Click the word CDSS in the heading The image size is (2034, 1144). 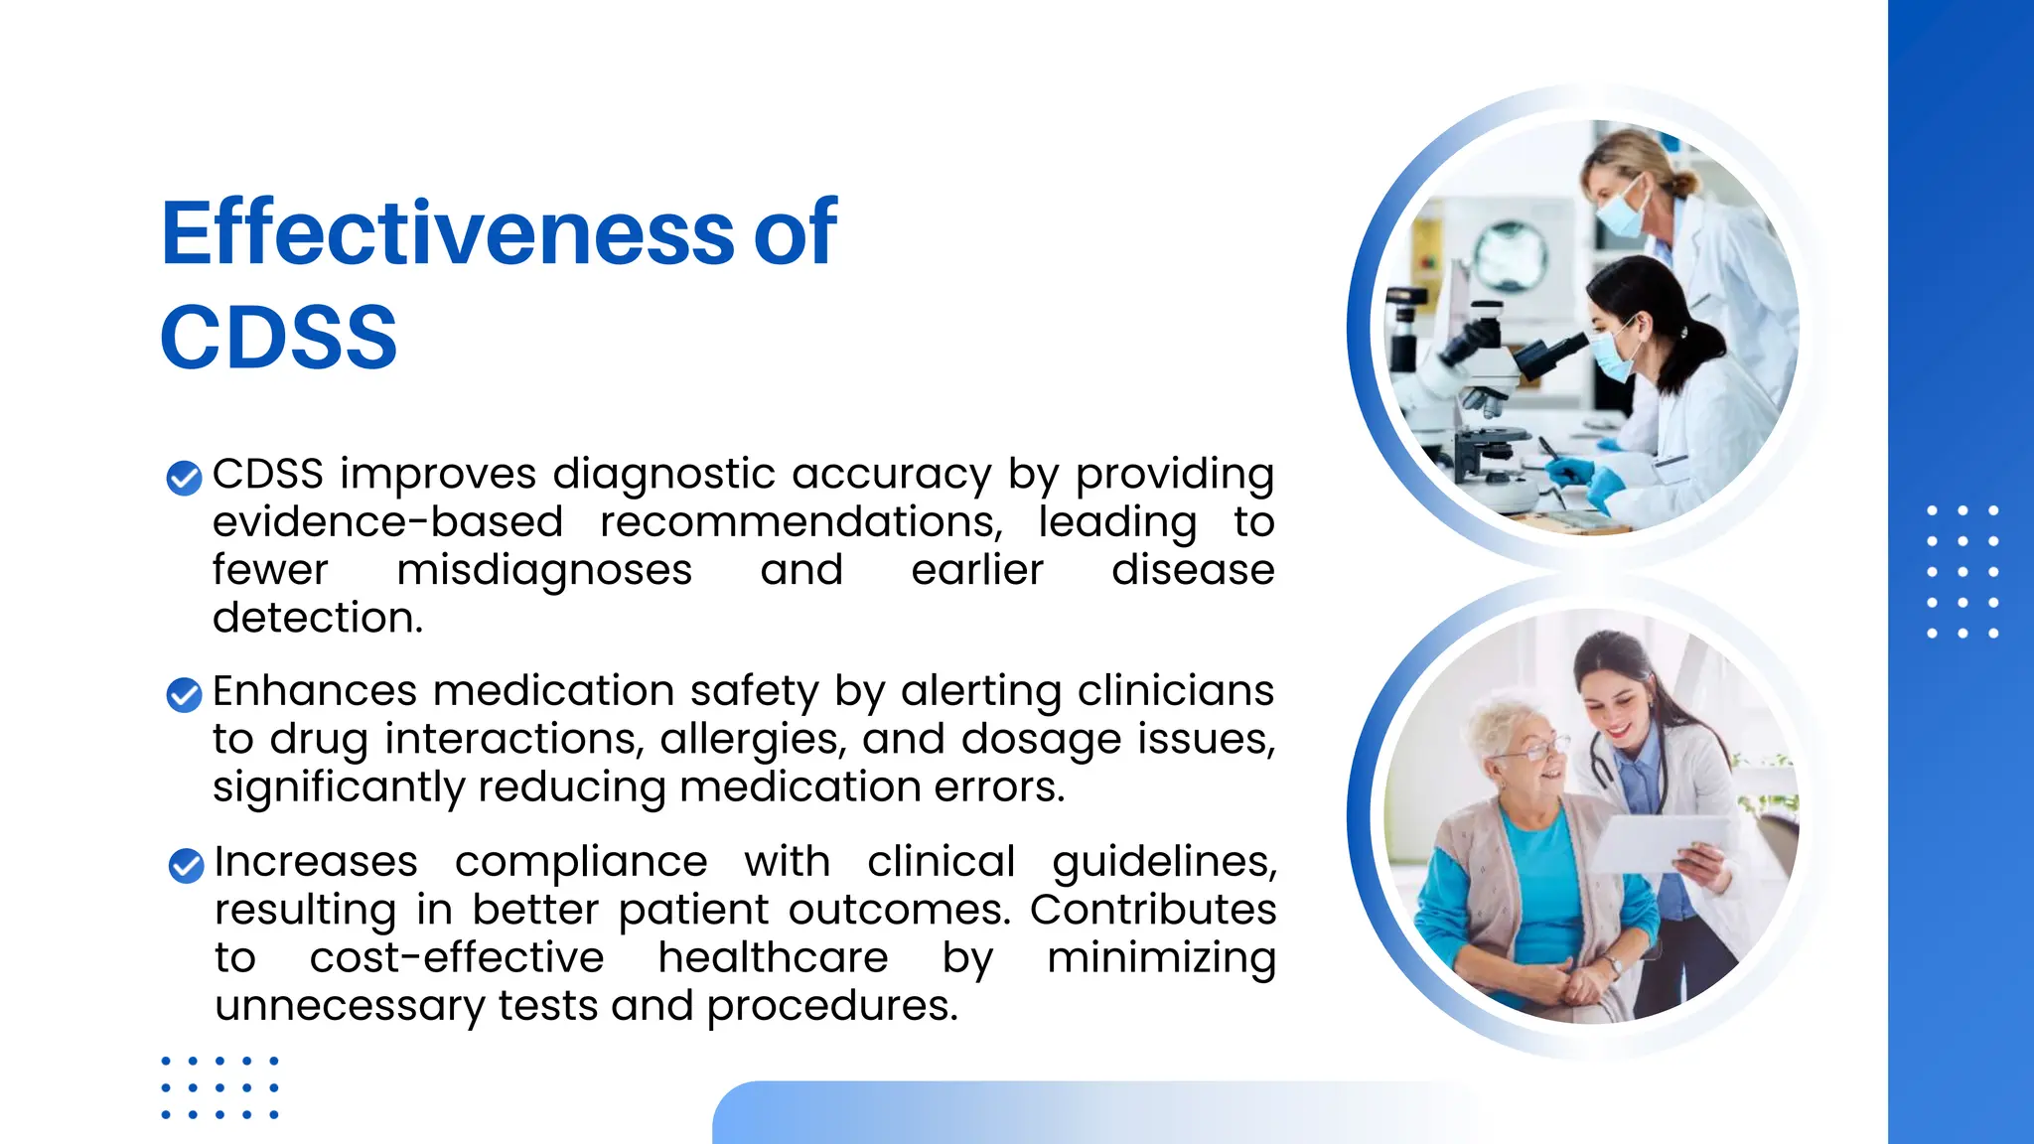click(x=279, y=338)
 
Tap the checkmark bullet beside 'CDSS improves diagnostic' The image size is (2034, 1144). click(x=184, y=478)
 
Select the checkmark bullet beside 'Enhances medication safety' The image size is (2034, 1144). click(x=184, y=694)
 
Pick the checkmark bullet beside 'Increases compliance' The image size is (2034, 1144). click(x=186, y=865)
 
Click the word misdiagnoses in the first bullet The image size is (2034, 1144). click(x=543, y=570)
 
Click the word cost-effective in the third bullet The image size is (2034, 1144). click(x=456, y=958)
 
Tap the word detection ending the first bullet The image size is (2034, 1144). click(x=317, y=619)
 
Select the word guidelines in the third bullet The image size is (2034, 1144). click(x=1163, y=862)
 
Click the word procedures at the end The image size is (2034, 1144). click(x=831, y=1006)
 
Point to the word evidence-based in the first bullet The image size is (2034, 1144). click(x=387, y=522)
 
